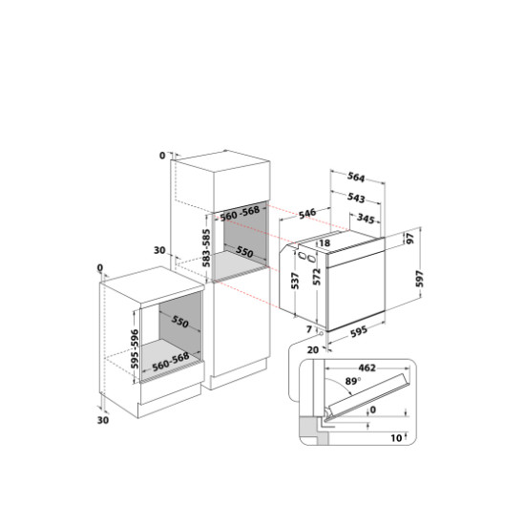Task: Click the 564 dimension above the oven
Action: pyautogui.click(x=356, y=177)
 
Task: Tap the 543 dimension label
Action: pyautogui.click(x=356, y=198)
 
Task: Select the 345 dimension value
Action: pyautogui.click(x=366, y=219)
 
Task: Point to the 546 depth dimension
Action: pyautogui.click(x=307, y=214)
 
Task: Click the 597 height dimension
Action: pyautogui.click(x=420, y=279)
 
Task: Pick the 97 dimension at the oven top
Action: pyautogui.click(x=410, y=239)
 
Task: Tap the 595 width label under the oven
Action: pyautogui.click(x=359, y=331)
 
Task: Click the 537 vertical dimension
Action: pyautogui.click(x=295, y=281)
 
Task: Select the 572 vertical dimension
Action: pyautogui.click(x=317, y=277)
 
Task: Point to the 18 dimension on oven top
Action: pyautogui.click(x=325, y=242)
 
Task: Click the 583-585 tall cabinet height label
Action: pyautogui.click(x=206, y=248)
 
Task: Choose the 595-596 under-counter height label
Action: pyautogui.click(x=135, y=348)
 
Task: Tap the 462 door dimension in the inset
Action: pyautogui.click(x=367, y=367)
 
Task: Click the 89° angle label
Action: pyautogui.click(x=353, y=381)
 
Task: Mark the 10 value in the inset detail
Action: pyautogui.click(x=396, y=437)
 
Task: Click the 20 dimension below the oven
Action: pyautogui.click(x=313, y=350)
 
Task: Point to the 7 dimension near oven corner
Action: pyautogui.click(x=309, y=329)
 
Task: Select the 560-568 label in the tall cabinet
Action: pyautogui.click(x=240, y=213)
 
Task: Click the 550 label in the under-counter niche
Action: pyautogui.click(x=180, y=322)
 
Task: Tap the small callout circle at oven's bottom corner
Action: pyautogui.click(x=321, y=334)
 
